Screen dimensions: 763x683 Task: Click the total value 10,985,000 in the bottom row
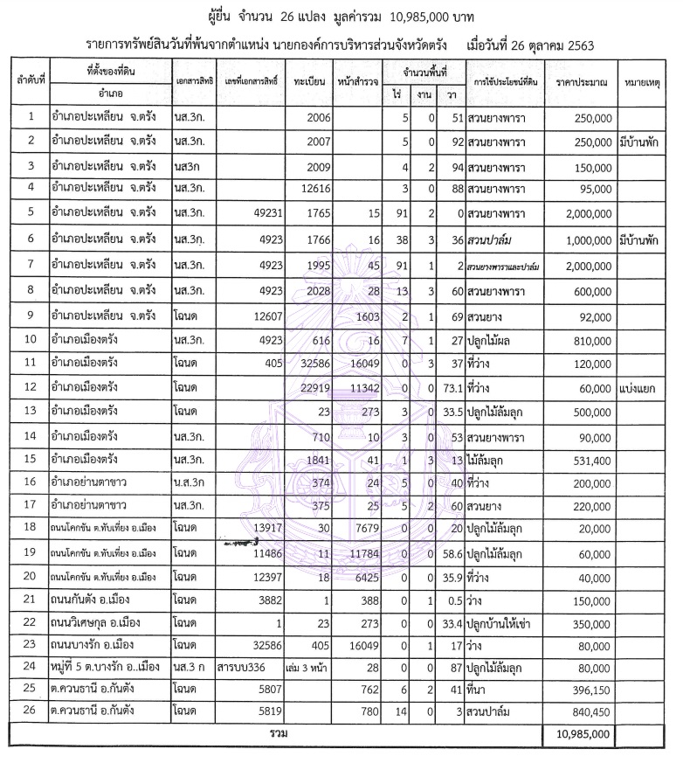(x=581, y=733)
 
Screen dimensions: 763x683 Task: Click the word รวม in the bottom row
(x=279, y=733)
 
